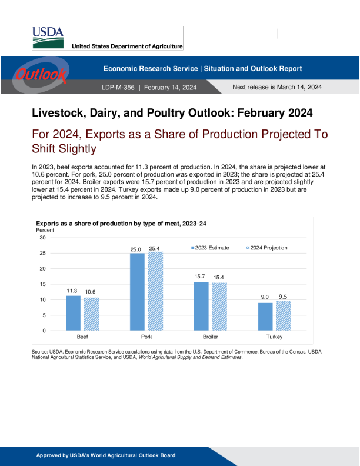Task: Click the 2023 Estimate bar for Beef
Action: pyautogui.click(x=73, y=312)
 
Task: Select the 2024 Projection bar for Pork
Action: pyautogui.click(x=155, y=291)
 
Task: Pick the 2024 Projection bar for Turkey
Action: pyautogui.click(x=284, y=316)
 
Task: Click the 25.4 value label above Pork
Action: pyautogui.click(x=155, y=249)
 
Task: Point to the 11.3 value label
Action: pyautogui.click(x=72, y=291)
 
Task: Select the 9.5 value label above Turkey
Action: pyautogui.click(x=283, y=297)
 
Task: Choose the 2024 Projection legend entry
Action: pyautogui.click(x=268, y=248)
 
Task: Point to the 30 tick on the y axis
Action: pyautogui.click(x=42, y=238)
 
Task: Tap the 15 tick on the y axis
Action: pyautogui.click(x=42, y=284)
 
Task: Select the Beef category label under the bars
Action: pyautogui.click(x=82, y=337)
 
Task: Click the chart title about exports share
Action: pyautogui.click(x=121, y=224)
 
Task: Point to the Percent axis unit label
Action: pyautogui.click(x=45, y=230)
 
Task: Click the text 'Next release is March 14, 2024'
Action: pyautogui.click(x=277, y=87)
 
